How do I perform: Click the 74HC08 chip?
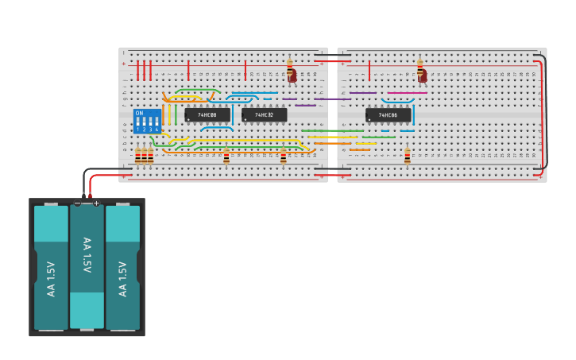tap(207, 115)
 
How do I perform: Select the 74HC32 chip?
tap(265, 115)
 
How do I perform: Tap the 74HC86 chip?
tap(388, 115)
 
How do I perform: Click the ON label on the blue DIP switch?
tap(140, 113)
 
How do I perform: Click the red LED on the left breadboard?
tap(292, 76)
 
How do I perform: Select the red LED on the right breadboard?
tap(423, 76)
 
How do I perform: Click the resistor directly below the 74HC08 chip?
tap(226, 156)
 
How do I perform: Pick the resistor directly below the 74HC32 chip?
tap(284, 156)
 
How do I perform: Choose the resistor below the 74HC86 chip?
tap(408, 156)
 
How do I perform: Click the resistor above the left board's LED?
tap(289, 64)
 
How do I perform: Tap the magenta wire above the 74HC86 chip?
tap(407, 93)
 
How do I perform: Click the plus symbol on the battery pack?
tap(96, 203)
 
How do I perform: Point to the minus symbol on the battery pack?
tap(77, 203)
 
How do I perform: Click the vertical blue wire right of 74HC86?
tap(413, 115)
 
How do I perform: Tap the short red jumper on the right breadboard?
tap(369, 69)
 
